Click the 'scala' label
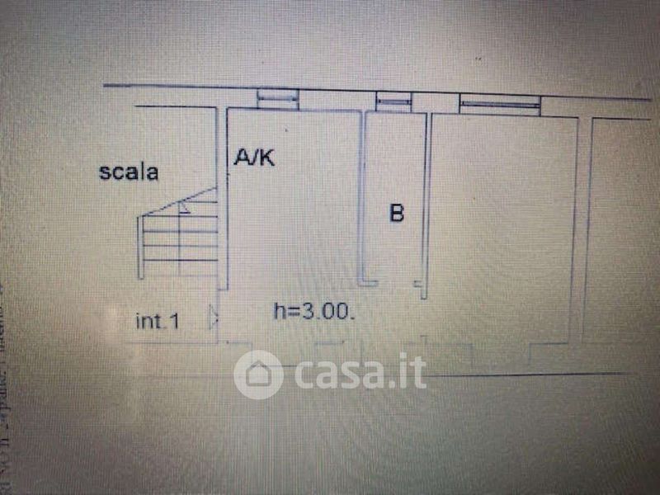(x=129, y=172)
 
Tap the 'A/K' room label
(x=254, y=158)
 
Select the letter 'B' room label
(x=397, y=214)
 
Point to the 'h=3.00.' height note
(x=314, y=311)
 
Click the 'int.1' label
(x=157, y=322)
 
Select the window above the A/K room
(x=277, y=99)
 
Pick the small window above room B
(x=394, y=101)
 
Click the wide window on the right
(x=500, y=105)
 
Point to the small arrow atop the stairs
(x=185, y=207)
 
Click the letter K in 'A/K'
(x=266, y=158)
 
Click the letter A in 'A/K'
(x=243, y=158)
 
